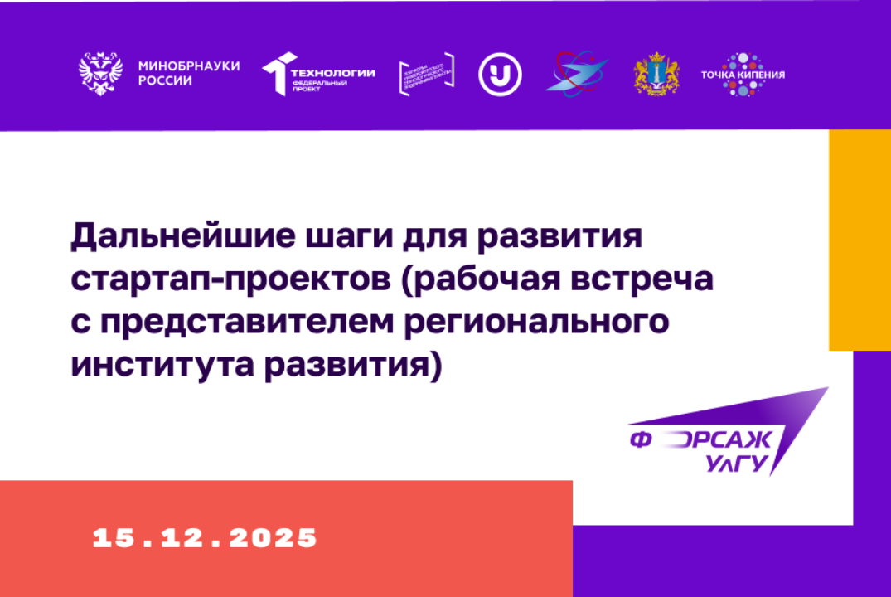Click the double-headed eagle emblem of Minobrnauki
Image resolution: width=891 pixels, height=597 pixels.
tap(100, 73)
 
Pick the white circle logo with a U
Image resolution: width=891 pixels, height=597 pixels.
tap(500, 75)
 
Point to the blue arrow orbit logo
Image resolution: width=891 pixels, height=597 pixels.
tap(576, 74)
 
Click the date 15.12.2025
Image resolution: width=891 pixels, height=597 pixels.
tap(205, 537)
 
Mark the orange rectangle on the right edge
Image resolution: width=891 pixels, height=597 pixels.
tap(860, 240)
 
